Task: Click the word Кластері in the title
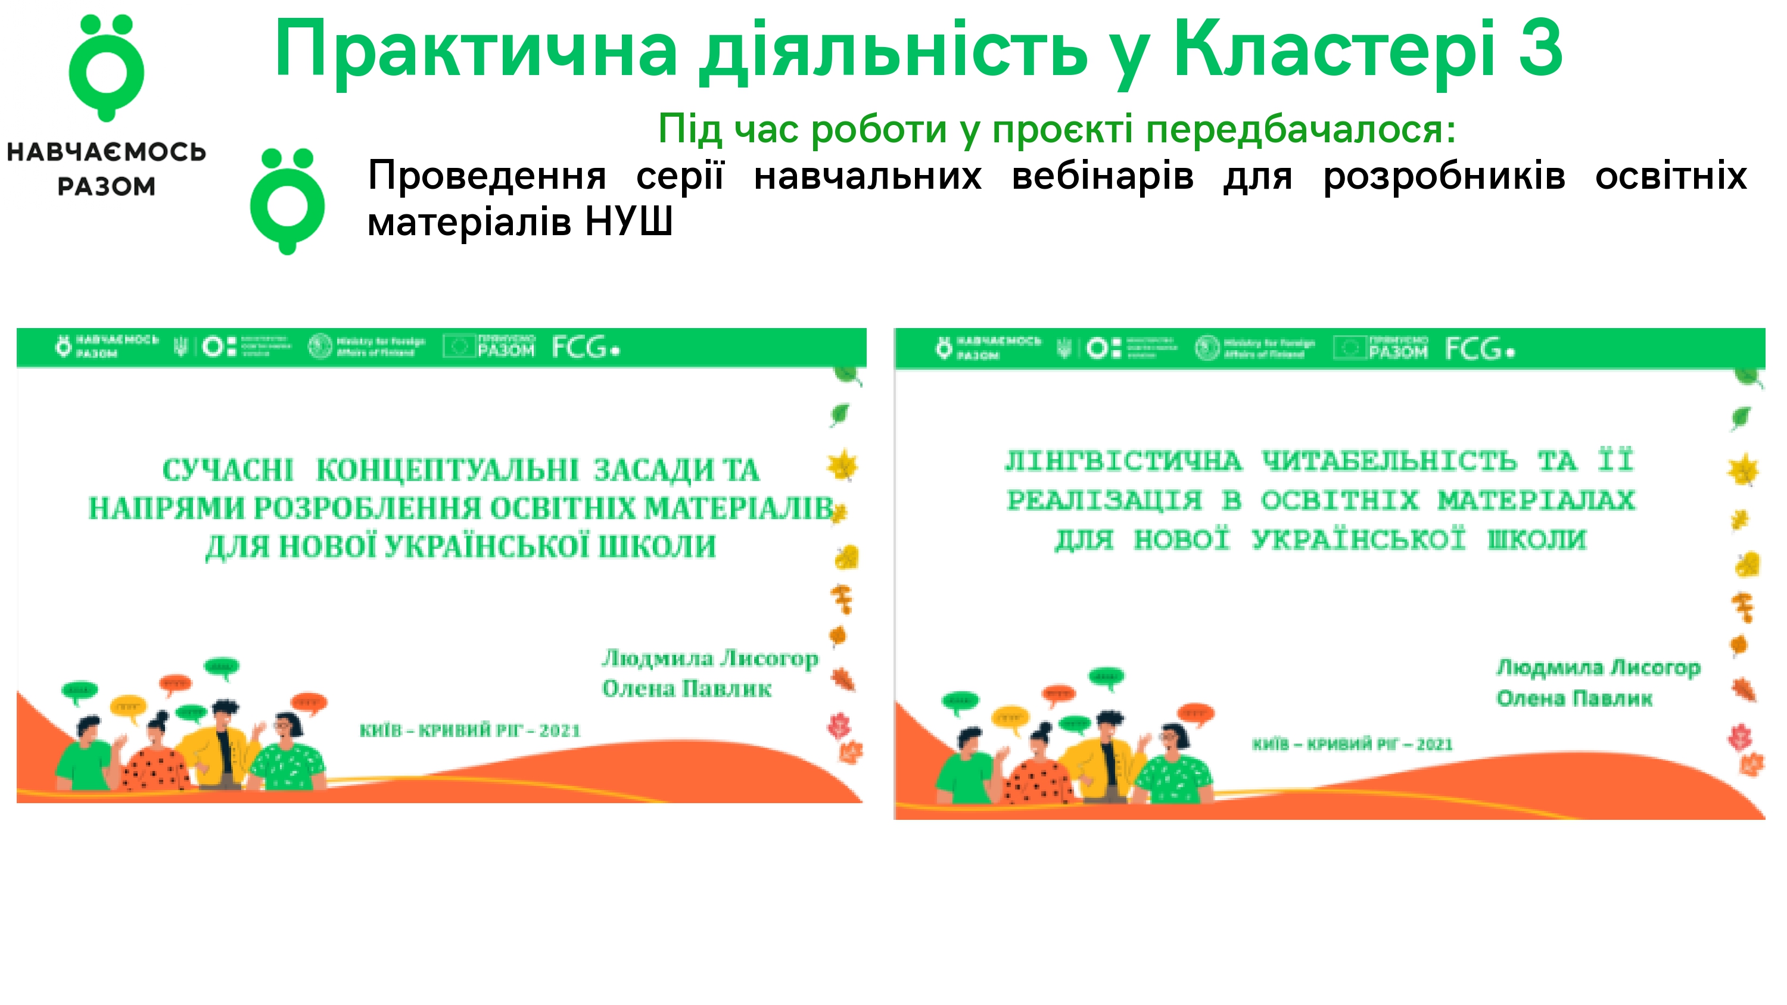coord(1333,49)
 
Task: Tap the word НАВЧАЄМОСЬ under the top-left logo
coord(106,152)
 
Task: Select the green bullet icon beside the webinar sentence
coord(287,201)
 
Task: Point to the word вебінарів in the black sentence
coord(1103,176)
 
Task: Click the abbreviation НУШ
coord(628,222)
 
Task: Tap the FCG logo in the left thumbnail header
coord(585,347)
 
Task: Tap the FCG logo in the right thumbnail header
coord(1479,349)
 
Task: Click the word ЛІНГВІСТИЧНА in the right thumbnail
coord(1123,461)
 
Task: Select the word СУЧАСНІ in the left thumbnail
coord(228,470)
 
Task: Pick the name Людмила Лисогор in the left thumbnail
coord(709,657)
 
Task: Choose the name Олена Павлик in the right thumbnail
coord(1574,698)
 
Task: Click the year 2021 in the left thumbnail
coord(560,731)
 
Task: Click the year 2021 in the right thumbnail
coord(1434,744)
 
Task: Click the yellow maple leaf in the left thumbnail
coord(842,465)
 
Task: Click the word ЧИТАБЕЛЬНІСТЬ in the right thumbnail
coord(1389,461)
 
